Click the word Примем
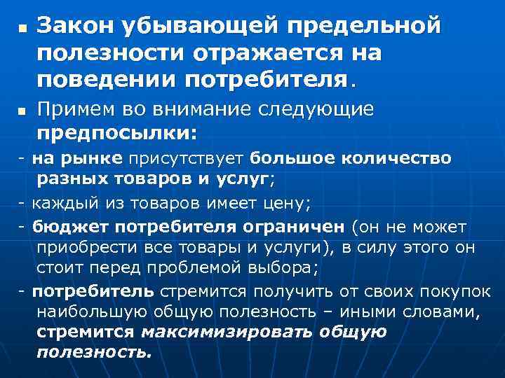point(76,110)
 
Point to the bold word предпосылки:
point(117,132)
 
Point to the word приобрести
point(82,248)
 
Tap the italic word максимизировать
point(230,332)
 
